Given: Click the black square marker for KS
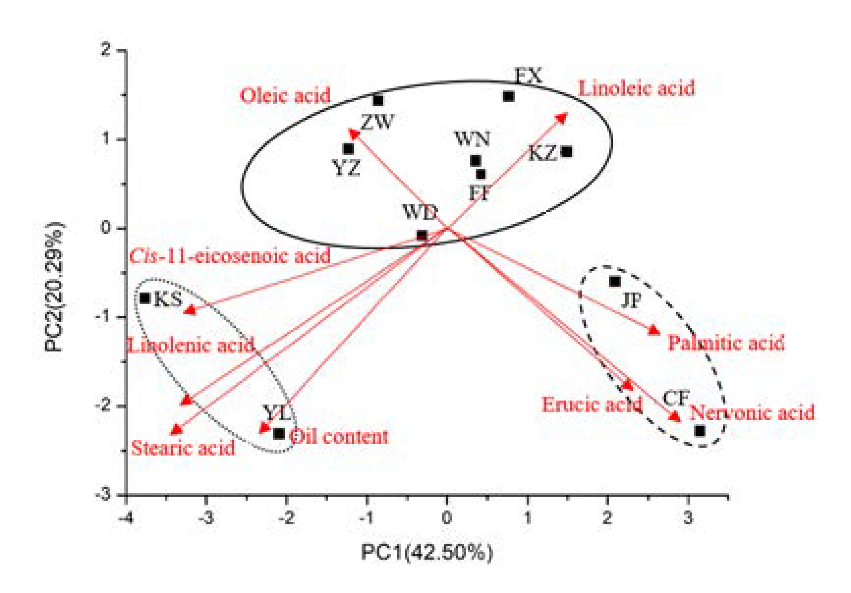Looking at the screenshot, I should tap(145, 298).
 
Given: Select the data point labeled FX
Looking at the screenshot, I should tap(509, 97).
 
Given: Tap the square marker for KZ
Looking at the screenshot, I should tap(566, 152).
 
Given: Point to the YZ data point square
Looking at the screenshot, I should tap(348, 149).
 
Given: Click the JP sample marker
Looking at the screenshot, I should tap(615, 282).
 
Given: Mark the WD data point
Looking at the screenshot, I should tap(422, 235).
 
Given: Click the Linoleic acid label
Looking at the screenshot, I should tap(636, 89).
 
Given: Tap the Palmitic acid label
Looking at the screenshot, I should tap(726, 343).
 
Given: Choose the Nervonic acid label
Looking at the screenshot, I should tap(752, 413).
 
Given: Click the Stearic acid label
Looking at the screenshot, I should tap(183, 448).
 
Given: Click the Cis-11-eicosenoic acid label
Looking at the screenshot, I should tap(230, 256).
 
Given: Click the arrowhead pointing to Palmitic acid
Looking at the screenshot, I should tap(654, 330).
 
